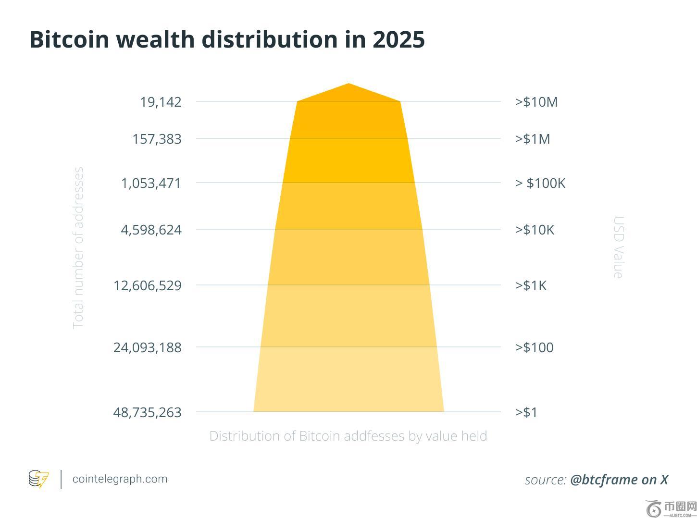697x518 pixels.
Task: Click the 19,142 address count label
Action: pyautogui.click(x=161, y=102)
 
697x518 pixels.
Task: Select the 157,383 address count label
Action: pyautogui.click(x=157, y=139)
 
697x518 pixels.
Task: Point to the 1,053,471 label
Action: pyautogui.click(x=151, y=183)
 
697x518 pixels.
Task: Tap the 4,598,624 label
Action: pyautogui.click(x=151, y=230)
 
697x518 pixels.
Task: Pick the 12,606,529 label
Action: pyautogui.click(x=148, y=285)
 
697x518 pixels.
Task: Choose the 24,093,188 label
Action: pyautogui.click(x=148, y=347)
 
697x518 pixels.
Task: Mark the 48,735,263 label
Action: pyautogui.click(x=148, y=412)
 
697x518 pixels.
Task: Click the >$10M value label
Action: pyautogui.click(x=536, y=102)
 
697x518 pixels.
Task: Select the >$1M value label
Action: pyautogui.click(x=533, y=139)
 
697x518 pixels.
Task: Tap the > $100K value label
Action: pyautogui.click(x=540, y=183)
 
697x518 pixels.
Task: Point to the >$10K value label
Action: pyautogui.click(x=535, y=230)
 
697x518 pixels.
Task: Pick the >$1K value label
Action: pyautogui.click(x=531, y=285)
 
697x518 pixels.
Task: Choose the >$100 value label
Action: pyautogui.click(x=534, y=347)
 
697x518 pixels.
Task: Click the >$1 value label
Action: pyautogui.click(x=526, y=412)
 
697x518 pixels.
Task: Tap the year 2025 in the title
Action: pyautogui.click(x=398, y=39)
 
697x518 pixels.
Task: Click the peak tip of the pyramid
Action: pyautogui.click(x=348, y=85)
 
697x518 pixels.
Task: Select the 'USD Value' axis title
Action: pyautogui.click(x=619, y=247)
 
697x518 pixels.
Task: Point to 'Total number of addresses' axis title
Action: pyautogui.click(x=78, y=247)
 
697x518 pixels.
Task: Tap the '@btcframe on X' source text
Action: pyautogui.click(x=619, y=480)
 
